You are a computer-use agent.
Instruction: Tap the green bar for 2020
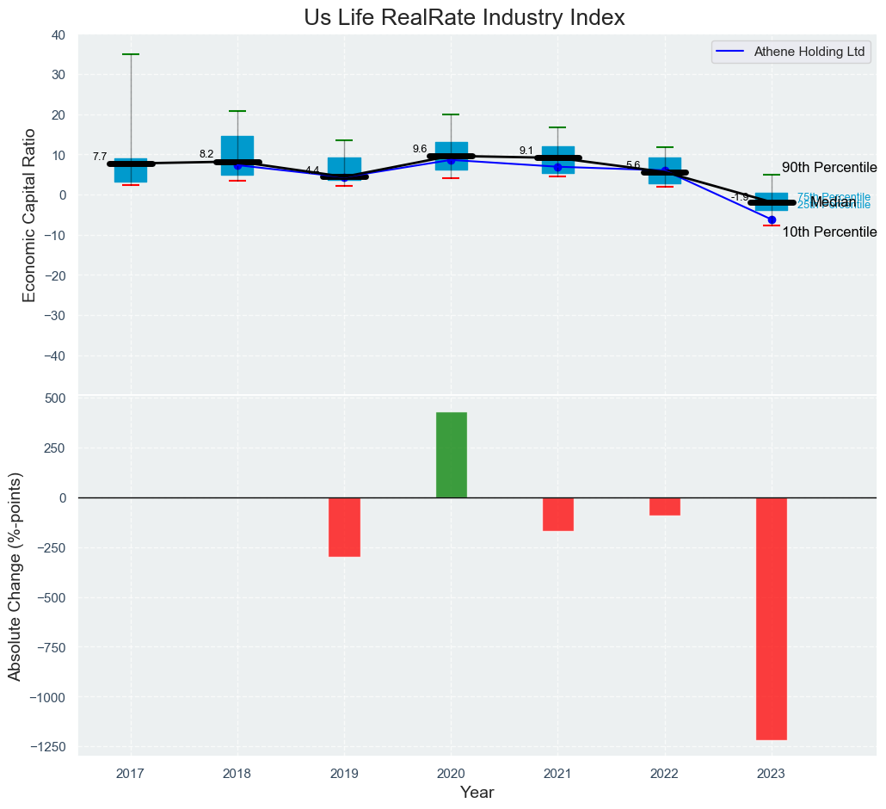(x=452, y=454)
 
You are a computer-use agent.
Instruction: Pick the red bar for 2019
(x=344, y=527)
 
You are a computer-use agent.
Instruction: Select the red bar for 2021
(x=558, y=514)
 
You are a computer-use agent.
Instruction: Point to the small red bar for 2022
(x=665, y=506)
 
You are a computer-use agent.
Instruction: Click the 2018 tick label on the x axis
(x=237, y=775)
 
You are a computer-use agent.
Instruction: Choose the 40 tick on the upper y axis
(x=58, y=34)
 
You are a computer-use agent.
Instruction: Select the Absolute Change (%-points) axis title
(x=15, y=577)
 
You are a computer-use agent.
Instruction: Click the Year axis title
(x=477, y=793)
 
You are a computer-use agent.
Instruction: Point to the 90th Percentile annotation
(x=828, y=168)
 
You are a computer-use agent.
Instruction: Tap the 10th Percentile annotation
(x=828, y=232)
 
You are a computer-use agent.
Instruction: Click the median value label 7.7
(x=100, y=157)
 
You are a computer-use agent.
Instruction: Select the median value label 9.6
(x=420, y=149)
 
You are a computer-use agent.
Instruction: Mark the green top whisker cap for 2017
(x=131, y=54)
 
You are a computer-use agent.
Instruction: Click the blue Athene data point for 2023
(x=772, y=219)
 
